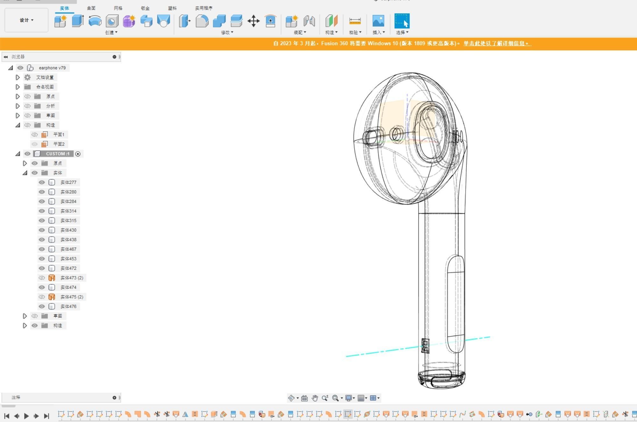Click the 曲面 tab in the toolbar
pos(91,8)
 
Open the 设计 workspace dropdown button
pos(26,20)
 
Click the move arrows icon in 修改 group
pos(253,21)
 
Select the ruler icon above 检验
pos(355,21)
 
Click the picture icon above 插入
pos(378,21)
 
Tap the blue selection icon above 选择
pos(402,21)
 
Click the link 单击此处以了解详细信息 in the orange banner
pos(497,43)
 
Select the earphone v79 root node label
pos(52,68)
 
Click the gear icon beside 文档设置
pos(28,77)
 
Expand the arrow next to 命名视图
pos(18,87)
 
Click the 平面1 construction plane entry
pos(59,135)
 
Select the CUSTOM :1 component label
pos(57,154)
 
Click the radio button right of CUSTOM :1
pos(78,154)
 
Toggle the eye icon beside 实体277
pos(42,182)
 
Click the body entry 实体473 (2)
pos(72,278)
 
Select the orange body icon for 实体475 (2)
pos(52,297)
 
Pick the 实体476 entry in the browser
pos(68,306)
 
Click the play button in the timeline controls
pos(26,416)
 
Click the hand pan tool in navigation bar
pos(315,398)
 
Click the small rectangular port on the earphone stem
pos(425,346)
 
